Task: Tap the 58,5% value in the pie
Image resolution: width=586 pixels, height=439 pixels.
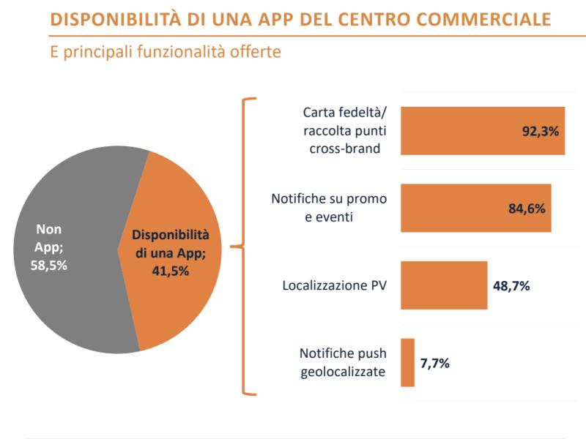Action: [x=50, y=266]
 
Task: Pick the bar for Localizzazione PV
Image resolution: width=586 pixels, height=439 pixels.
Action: [x=444, y=285]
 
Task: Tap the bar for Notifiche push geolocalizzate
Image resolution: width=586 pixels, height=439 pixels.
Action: [x=408, y=362]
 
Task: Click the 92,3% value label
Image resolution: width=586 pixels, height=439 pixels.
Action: [x=541, y=132]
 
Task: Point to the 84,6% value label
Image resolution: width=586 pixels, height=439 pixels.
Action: [x=527, y=209]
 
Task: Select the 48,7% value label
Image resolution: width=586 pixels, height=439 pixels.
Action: [x=510, y=285]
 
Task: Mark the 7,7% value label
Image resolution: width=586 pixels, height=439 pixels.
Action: [x=434, y=362]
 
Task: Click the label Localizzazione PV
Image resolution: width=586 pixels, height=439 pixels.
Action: [x=335, y=285]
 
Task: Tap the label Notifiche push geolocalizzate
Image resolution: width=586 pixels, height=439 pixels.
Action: [x=343, y=362]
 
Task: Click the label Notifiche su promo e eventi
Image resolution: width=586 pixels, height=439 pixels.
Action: [x=329, y=208]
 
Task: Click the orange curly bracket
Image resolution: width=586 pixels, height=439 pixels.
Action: [x=245, y=247]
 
